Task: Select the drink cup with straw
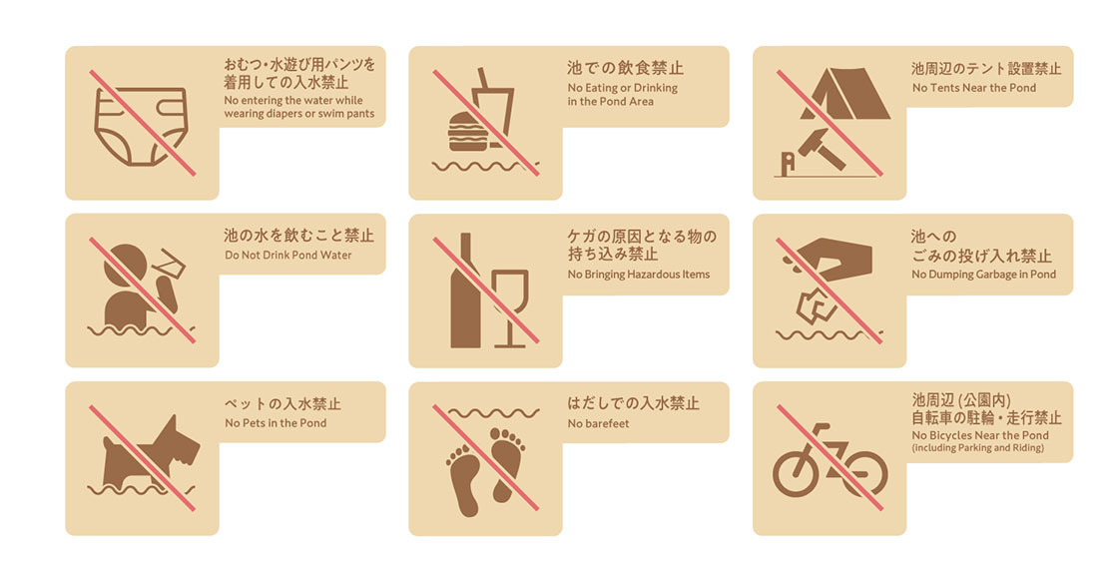coord(495,107)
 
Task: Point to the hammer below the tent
coord(821,149)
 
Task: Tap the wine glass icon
coord(510,307)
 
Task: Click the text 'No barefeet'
coord(598,423)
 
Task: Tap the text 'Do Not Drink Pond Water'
coord(288,256)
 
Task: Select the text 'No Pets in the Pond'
coord(276,422)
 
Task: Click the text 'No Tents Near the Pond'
coord(974,88)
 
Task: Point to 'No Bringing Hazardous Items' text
coord(639,275)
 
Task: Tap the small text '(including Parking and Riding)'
coord(977,447)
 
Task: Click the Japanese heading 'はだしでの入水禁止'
coord(633,403)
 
